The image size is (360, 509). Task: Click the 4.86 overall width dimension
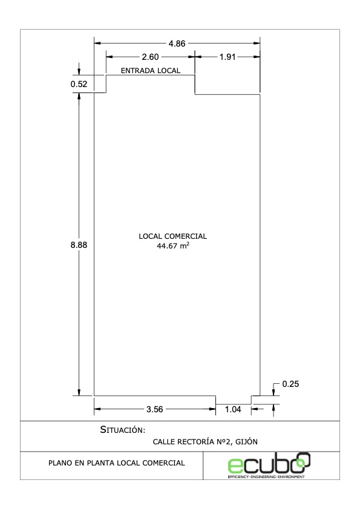(x=177, y=44)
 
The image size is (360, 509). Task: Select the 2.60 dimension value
(x=150, y=57)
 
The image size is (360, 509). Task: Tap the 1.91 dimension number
(x=227, y=57)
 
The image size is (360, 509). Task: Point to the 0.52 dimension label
(x=79, y=84)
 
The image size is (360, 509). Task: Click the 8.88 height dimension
(x=79, y=245)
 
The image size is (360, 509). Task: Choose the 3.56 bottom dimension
(x=155, y=409)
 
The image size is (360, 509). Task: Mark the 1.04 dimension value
(x=233, y=409)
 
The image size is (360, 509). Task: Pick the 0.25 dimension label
(x=290, y=384)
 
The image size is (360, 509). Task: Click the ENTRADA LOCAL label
(x=151, y=71)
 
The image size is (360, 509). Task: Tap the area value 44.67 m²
(x=173, y=246)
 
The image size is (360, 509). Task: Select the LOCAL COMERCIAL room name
(x=173, y=236)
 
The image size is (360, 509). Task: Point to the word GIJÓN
(x=246, y=441)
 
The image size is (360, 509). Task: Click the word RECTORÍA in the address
(x=195, y=441)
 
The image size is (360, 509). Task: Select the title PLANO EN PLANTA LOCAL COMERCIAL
(x=117, y=463)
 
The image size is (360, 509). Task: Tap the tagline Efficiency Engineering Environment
(x=266, y=476)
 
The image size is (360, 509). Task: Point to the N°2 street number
(x=224, y=441)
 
